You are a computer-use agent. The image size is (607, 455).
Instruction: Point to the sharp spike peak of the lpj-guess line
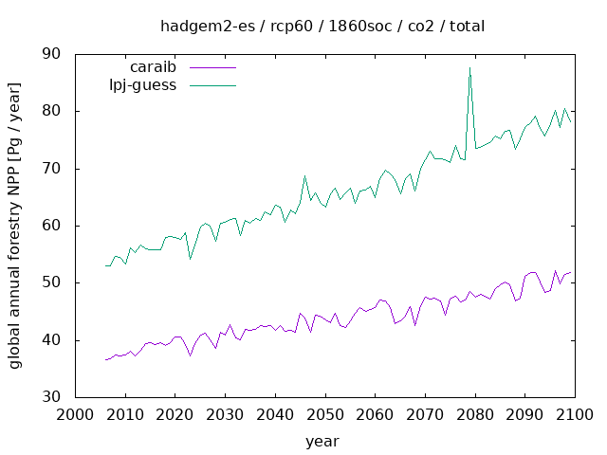click(469, 67)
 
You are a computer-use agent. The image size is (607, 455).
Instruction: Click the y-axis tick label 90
click(51, 54)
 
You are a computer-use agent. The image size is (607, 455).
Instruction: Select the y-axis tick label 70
click(51, 169)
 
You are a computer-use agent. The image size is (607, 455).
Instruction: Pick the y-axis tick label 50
click(51, 282)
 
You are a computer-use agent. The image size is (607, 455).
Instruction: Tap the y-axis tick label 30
click(51, 397)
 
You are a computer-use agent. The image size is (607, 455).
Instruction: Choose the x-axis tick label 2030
click(224, 414)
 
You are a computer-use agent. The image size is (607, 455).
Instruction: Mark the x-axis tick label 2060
click(375, 414)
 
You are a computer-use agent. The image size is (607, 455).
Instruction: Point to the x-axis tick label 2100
click(575, 414)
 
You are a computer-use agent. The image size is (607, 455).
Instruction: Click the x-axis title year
click(322, 441)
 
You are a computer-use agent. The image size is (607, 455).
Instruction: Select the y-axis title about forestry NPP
click(15, 226)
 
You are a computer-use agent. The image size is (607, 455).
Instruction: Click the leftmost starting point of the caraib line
click(105, 359)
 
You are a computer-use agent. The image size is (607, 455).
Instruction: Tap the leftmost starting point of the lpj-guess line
click(105, 265)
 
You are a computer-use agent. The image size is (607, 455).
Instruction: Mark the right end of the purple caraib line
click(570, 272)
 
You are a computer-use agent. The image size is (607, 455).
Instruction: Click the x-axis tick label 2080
click(474, 414)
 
